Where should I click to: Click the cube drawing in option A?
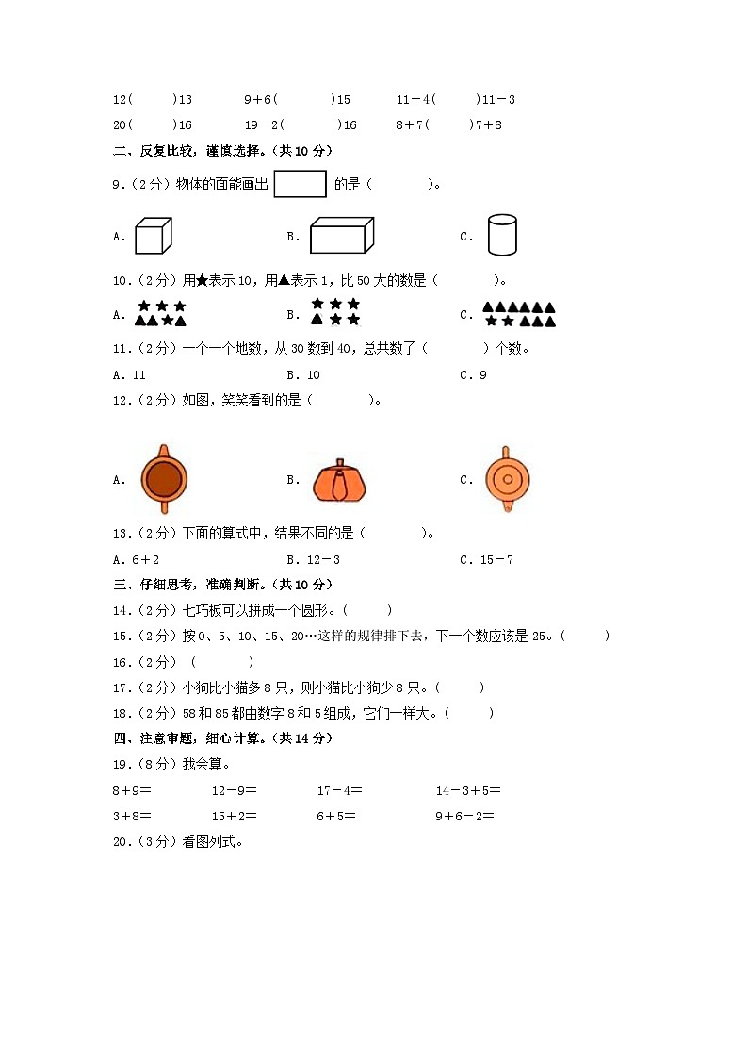pos(152,236)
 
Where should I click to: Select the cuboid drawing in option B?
pos(341,236)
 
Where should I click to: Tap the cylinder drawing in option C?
pos(502,235)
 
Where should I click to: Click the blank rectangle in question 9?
pos(300,184)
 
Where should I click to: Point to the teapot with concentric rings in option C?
pos(507,479)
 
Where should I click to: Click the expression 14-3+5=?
pos(468,790)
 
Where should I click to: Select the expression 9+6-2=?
pos(464,816)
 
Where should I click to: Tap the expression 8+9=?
pos(132,790)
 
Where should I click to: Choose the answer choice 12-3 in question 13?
pos(323,559)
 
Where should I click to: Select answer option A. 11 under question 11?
pos(129,374)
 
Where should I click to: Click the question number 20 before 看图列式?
pos(121,842)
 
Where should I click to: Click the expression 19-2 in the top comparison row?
pos(261,124)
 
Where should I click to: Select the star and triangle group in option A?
pos(160,313)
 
